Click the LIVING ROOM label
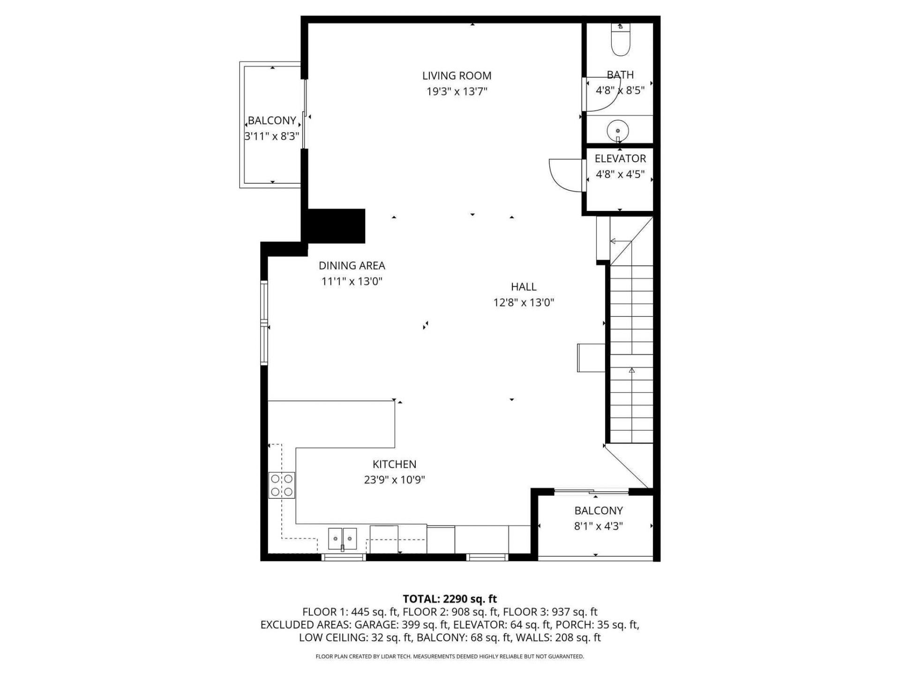click(457, 75)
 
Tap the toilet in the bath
click(621, 41)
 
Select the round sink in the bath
click(618, 130)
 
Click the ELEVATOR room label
click(620, 158)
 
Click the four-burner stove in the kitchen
click(281, 485)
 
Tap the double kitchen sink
click(342, 539)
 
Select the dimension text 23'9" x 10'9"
click(394, 480)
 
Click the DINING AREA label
click(352, 265)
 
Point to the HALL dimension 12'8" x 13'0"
click(524, 302)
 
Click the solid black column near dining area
click(335, 226)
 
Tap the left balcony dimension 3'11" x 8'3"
click(271, 136)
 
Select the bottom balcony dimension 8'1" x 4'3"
click(598, 526)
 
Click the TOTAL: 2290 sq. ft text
click(450, 599)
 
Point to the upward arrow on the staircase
click(631, 370)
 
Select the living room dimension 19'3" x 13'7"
click(457, 91)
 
